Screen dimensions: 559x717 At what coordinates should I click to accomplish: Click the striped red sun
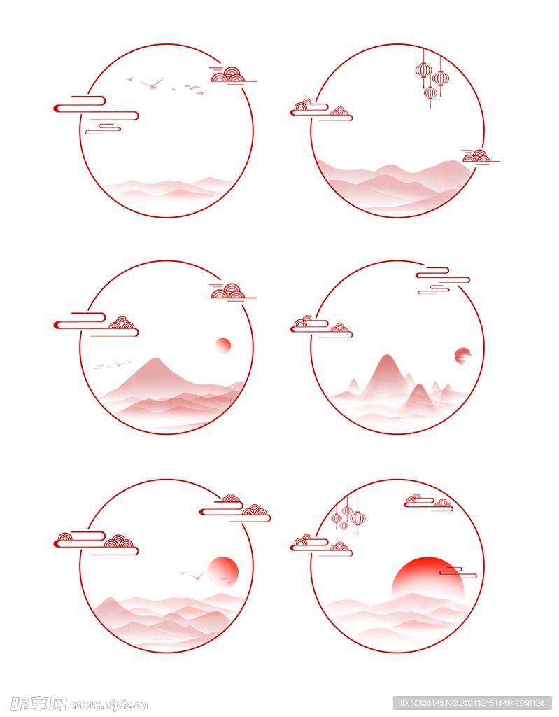[x=463, y=356]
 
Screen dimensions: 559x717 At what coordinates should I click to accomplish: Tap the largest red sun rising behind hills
[x=427, y=579]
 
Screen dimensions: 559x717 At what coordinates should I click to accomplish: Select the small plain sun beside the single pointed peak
[x=223, y=346]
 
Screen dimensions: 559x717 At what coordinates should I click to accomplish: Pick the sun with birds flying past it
[x=222, y=572]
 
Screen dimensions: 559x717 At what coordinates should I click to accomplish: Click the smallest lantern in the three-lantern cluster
[x=430, y=93]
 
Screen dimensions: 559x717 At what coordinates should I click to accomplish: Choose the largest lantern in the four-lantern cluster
[x=358, y=518]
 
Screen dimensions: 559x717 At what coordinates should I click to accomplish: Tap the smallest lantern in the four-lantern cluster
[x=344, y=526]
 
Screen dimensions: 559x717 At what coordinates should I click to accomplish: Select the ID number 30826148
[x=429, y=703]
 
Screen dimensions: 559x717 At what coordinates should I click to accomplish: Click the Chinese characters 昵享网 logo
[x=38, y=704]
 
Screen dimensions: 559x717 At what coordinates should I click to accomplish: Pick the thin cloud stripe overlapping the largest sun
[x=458, y=572]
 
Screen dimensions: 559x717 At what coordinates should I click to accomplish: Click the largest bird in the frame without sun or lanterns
[x=153, y=84]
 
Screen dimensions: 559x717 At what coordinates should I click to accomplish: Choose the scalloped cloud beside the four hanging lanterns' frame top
[x=428, y=502]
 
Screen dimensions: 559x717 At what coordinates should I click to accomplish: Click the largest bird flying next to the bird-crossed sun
[x=197, y=576]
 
